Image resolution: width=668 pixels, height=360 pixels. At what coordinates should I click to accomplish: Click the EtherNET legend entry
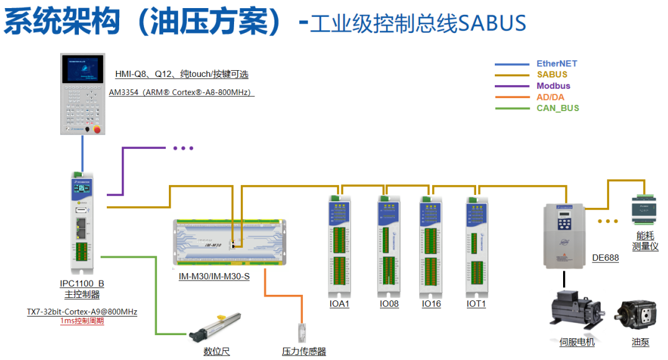click(x=556, y=63)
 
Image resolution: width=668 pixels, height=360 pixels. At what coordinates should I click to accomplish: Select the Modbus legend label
click(x=553, y=86)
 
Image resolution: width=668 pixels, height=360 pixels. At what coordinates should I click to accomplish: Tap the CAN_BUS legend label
click(x=557, y=108)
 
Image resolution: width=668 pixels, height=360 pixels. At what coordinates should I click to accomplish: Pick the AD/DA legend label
click(x=551, y=97)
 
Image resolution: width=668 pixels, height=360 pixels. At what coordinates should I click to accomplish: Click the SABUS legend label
click(x=552, y=74)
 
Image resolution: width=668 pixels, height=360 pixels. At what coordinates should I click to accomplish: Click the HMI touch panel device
click(x=83, y=94)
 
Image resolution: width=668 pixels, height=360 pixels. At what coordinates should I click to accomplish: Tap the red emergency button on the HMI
click(x=96, y=128)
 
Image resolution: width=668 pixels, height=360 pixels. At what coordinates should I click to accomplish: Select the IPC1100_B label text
click(x=82, y=284)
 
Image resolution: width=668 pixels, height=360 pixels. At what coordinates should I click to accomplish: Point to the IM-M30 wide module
click(x=229, y=243)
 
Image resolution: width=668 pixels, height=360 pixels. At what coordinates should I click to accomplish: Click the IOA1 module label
click(x=340, y=304)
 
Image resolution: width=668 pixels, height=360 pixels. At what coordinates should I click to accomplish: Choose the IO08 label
click(x=389, y=304)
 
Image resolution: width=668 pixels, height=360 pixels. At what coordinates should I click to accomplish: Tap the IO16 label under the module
click(x=431, y=304)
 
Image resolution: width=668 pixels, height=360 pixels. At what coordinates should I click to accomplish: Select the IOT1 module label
click(x=476, y=304)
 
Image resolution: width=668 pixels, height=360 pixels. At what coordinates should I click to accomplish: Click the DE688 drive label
click(x=605, y=258)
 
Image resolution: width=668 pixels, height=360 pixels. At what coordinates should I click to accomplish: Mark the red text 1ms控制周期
click(x=82, y=321)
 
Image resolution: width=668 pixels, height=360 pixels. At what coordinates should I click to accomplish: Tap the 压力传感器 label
click(x=304, y=351)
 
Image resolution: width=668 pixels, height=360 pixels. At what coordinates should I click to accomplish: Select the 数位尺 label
click(x=217, y=351)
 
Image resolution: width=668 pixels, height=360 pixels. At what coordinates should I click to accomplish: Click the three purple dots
click(x=183, y=148)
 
